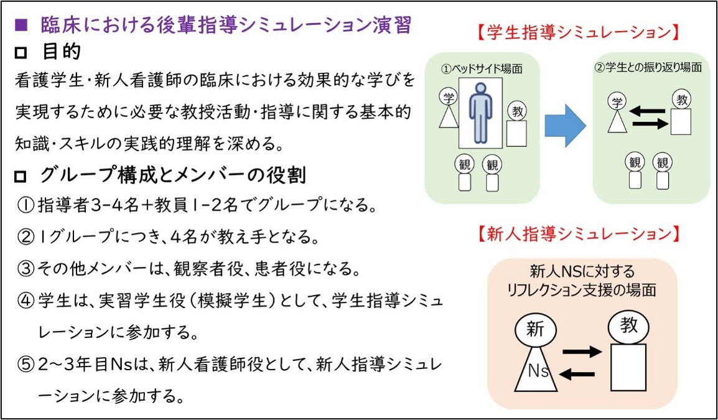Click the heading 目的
[62, 52]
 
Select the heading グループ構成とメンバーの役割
[172, 175]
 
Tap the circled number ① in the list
[26, 205]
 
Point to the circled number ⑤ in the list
[26, 365]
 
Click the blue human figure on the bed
[480, 113]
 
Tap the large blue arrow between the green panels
[565, 126]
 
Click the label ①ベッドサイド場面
[482, 68]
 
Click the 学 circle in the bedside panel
[449, 97]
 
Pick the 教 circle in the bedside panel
[518, 111]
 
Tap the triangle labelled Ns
[535, 369]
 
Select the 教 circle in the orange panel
[628, 325]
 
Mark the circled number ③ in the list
[26, 269]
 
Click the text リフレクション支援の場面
[582, 289]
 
